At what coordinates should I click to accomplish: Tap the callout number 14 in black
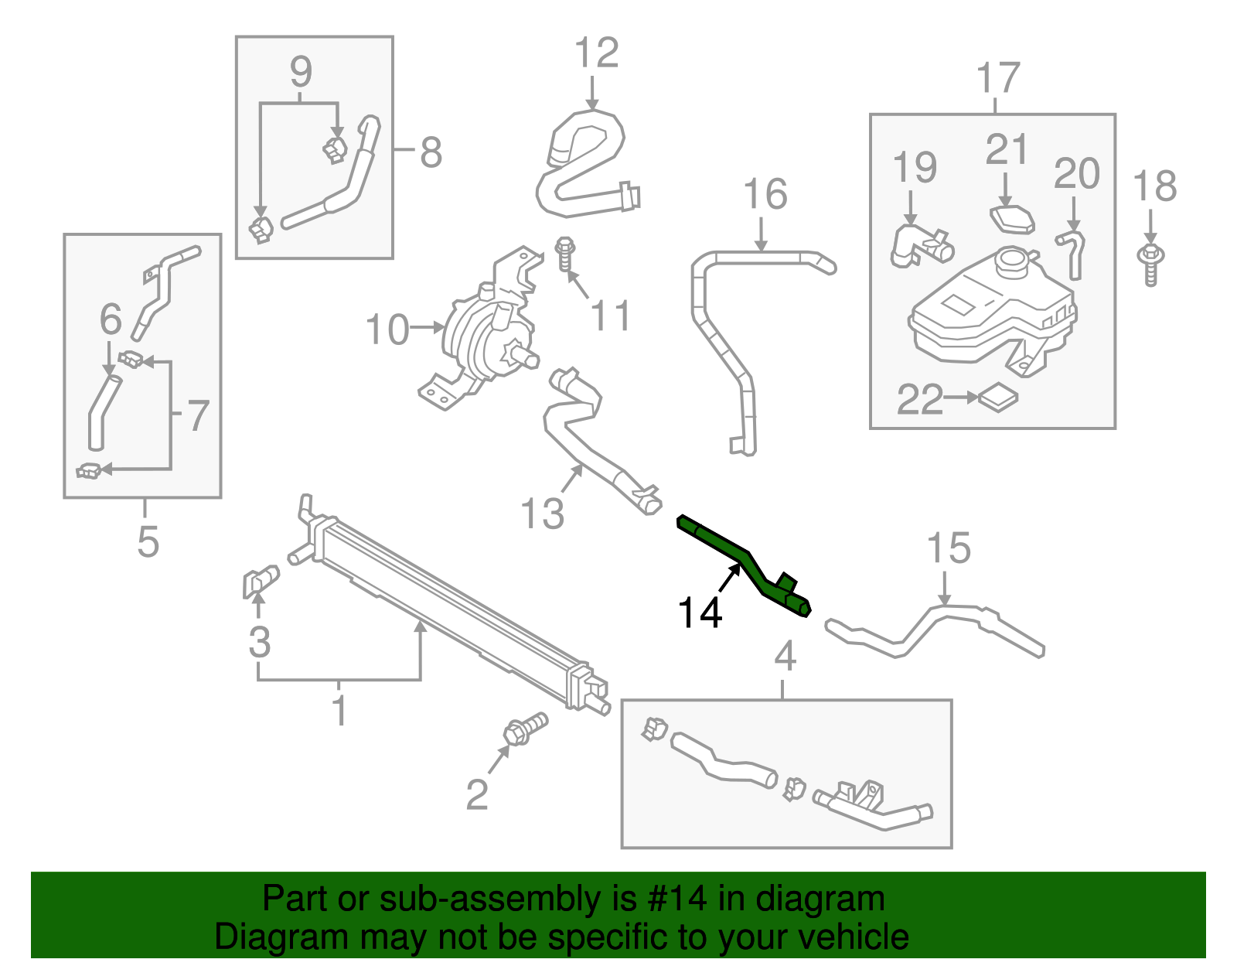(700, 613)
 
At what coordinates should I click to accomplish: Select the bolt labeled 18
(1150, 263)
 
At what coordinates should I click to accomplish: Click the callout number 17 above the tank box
(998, 79)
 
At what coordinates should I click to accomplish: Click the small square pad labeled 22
(998, 398)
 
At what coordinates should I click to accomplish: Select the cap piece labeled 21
(1012, 219)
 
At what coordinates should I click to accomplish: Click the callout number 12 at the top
(596, 53)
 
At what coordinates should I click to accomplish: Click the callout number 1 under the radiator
(339, 710)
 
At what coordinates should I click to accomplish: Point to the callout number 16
(765, 195)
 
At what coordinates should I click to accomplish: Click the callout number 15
(948, 548)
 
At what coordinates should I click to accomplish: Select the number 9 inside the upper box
(301, 72)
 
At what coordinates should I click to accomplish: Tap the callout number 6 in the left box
(111, 319)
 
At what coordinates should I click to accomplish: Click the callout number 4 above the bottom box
(785, 657)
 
